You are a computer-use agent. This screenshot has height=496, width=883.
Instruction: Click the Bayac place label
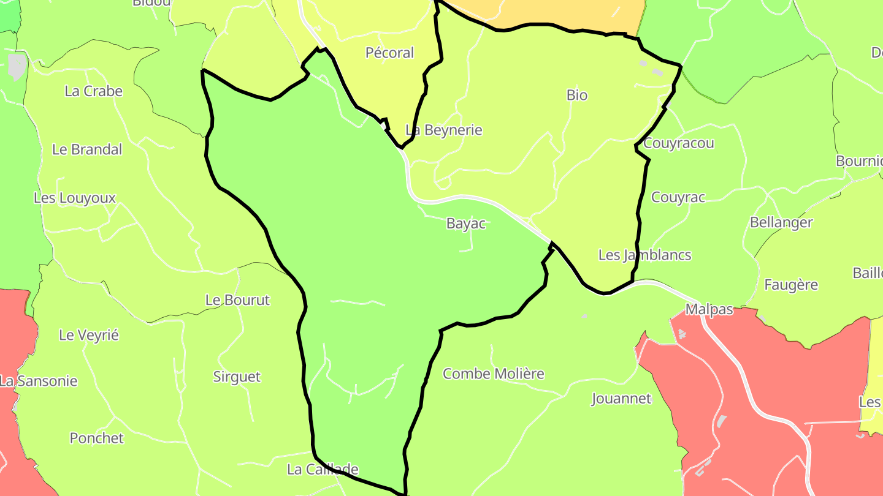tap(466, 224)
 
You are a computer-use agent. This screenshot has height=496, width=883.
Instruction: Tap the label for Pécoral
tap(390, 53)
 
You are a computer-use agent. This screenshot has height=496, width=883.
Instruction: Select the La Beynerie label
tap(444, 130)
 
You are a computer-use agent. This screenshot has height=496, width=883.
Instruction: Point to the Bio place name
tap(577, 95)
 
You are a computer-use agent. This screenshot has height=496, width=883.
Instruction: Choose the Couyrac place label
tap(678, 197)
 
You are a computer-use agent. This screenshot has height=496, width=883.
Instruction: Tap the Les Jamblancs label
tap(644, 255)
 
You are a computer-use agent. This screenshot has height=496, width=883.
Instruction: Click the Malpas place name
tap(709, 309)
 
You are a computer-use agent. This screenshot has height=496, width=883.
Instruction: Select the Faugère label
tap(791, 285)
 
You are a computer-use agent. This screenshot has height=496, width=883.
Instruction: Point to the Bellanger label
tap(781, 222)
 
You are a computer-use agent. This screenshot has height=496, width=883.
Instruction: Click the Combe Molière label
tap(494, 374)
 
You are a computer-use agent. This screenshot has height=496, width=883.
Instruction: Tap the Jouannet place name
tap(621, 399)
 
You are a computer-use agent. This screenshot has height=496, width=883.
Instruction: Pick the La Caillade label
tap(323, 470)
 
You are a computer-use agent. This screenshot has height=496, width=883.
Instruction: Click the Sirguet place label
tap(237, 377)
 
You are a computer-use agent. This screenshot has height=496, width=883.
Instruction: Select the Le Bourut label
tap(237, 300)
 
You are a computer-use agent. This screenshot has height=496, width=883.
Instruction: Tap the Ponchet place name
tap(96, 438)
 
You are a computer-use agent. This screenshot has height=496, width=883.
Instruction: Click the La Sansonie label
tap(39, 381)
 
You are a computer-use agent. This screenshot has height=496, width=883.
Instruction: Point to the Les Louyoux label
tap(75, 198)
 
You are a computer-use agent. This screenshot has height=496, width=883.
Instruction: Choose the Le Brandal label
tap(87, 149)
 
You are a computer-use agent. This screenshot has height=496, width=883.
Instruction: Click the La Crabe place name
tap(94, 91)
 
